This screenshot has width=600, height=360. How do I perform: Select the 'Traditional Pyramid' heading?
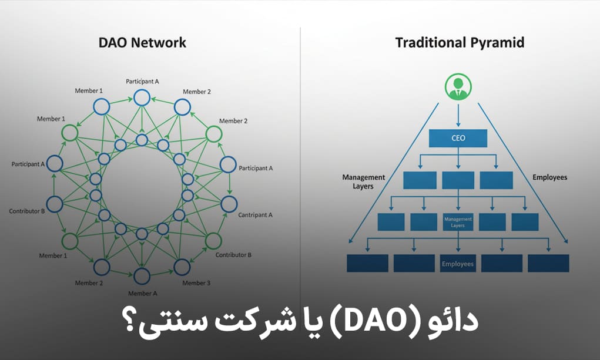tap(459, 42)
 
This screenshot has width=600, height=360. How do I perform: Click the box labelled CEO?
tap(458, 138)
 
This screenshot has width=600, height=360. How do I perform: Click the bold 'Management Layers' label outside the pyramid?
tap(364, 181)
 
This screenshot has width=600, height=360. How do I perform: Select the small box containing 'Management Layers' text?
tap(458, 221)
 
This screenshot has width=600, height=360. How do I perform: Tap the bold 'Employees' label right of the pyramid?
tap(549, 177)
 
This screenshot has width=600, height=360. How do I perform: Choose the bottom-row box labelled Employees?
tap(458, 264)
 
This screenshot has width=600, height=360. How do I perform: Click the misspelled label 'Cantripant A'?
tap(255, 215)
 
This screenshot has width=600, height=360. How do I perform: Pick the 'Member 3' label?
tap(196, 283)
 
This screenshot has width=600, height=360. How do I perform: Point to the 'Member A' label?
tap(143, 293)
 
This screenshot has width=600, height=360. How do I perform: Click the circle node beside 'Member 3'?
tap(182, 268)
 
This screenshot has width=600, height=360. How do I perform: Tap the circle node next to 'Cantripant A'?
tap(229, 204)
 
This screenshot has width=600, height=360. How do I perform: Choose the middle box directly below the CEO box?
tap(458, 180)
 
